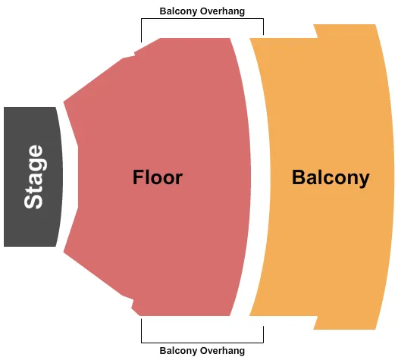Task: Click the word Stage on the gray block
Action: [x=33, y=177]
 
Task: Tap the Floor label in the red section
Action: [x=158, y=177]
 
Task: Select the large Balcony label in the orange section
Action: [x=331, y=177]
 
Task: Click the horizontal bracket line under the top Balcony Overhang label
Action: [x=202, y=19]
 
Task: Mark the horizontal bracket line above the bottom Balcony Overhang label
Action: [x=202, y=343]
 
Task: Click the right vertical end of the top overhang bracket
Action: [x=263, y=27]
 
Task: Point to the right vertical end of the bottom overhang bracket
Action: [x=263, y=331]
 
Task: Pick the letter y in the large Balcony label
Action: [x=364, y=180]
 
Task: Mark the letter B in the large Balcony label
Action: [x=299, y=177]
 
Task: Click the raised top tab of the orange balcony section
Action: [x=345, y=30]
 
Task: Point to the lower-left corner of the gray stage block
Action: [x=6, y=244]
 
